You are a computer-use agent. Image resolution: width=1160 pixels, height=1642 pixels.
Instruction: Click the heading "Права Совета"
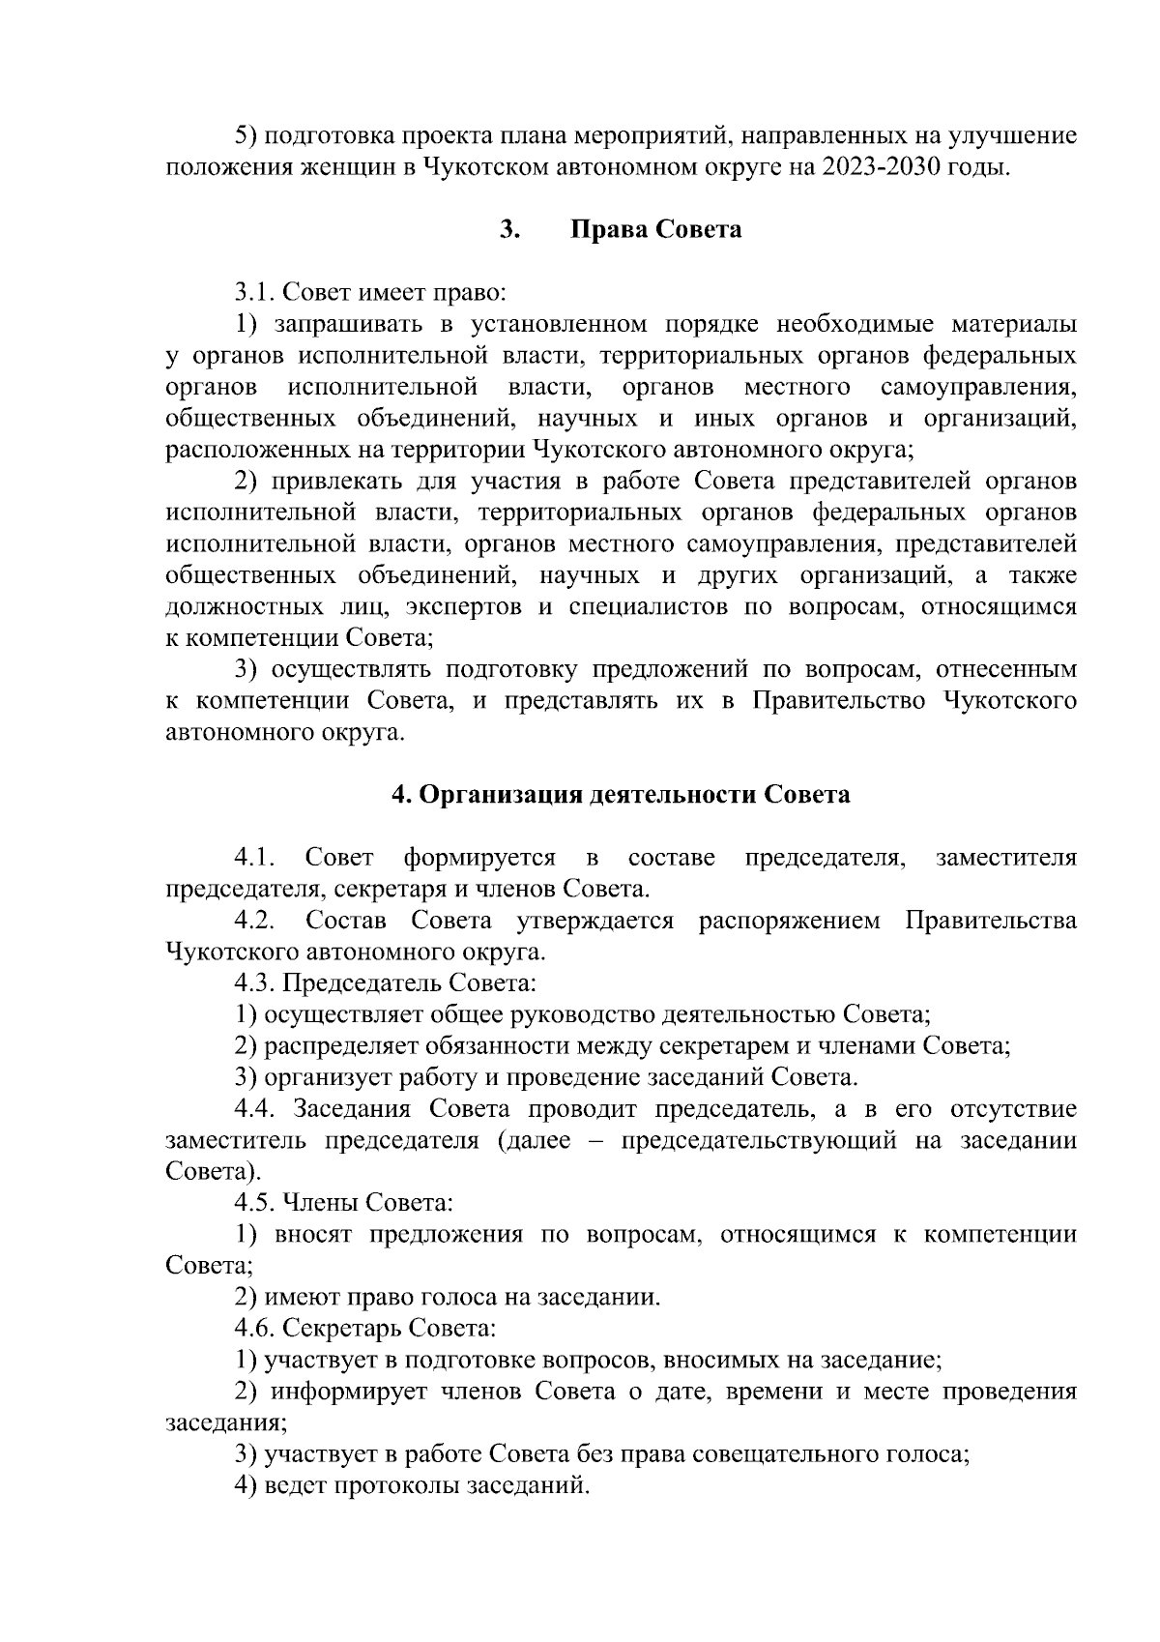tap(656, 230)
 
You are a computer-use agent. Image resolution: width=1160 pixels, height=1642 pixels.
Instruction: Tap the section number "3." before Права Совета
tap(510, 230)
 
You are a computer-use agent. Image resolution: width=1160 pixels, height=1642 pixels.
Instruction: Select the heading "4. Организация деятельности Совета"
tap(620, 795)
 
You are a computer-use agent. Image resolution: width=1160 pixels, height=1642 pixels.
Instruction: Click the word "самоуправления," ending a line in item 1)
tap(978, 388)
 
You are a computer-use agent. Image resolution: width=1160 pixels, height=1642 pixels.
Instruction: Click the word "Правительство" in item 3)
tap(838, 701)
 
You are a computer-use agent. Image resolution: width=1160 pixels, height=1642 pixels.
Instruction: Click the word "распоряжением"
tap(789, 921)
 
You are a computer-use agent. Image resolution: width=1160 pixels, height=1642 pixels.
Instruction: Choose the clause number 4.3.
tap(256, 983)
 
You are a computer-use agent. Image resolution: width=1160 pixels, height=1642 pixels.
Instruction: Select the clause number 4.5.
tap(256, 1203)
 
